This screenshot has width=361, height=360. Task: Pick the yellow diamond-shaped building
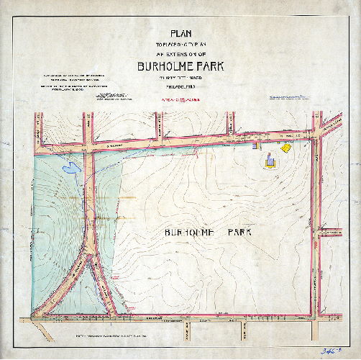[285, 148]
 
